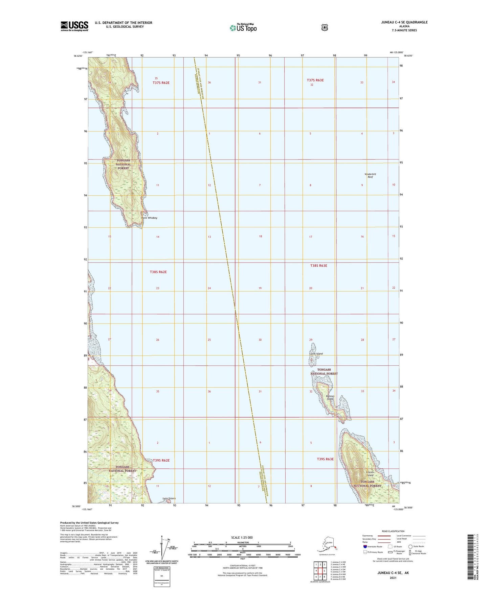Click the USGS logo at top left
tap(74, 26)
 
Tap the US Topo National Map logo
tap(243, 27)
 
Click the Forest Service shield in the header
tap(325, 27)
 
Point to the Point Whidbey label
tap(149, 218)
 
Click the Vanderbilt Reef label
tap(370, 175)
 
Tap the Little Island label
tap(316, 354)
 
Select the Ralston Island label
tap(330, 397)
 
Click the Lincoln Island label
tap(370, 473)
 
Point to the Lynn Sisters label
tap(169, 498)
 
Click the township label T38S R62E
tap(158, 272)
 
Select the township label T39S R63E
tap(325, 459)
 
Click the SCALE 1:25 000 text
tap(242, 537)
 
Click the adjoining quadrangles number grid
tap(320, 571)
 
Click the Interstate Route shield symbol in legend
tap(364, 546)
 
